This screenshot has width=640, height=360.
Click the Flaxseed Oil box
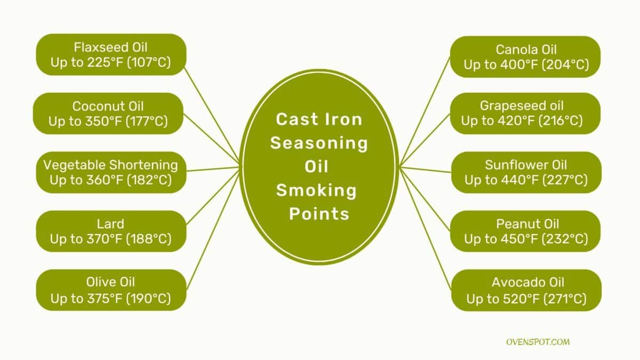pos(111,54)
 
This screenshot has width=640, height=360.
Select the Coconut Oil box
pos(108,114)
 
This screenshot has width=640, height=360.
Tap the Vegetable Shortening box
pos(111,172)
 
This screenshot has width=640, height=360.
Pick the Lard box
pos(111,231)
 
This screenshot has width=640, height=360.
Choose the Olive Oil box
pos(111,290)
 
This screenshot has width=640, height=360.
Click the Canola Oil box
pos(525,57)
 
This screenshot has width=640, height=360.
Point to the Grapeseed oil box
pos(525,114)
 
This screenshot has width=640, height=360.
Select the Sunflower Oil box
pos(526,172)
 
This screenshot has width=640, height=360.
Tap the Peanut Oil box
pos(525,231)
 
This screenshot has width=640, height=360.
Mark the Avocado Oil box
pos(526,290)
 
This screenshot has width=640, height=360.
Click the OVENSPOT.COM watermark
pos(538,342)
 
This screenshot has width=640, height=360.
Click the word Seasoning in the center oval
pos(319,143)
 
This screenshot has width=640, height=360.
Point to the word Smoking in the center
pos(316,191)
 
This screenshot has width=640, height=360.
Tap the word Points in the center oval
pos(319,214)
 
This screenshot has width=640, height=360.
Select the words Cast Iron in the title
pos(319,119)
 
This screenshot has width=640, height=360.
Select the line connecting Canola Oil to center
pos(425,111)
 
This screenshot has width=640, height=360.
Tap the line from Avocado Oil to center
pos(426,229)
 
